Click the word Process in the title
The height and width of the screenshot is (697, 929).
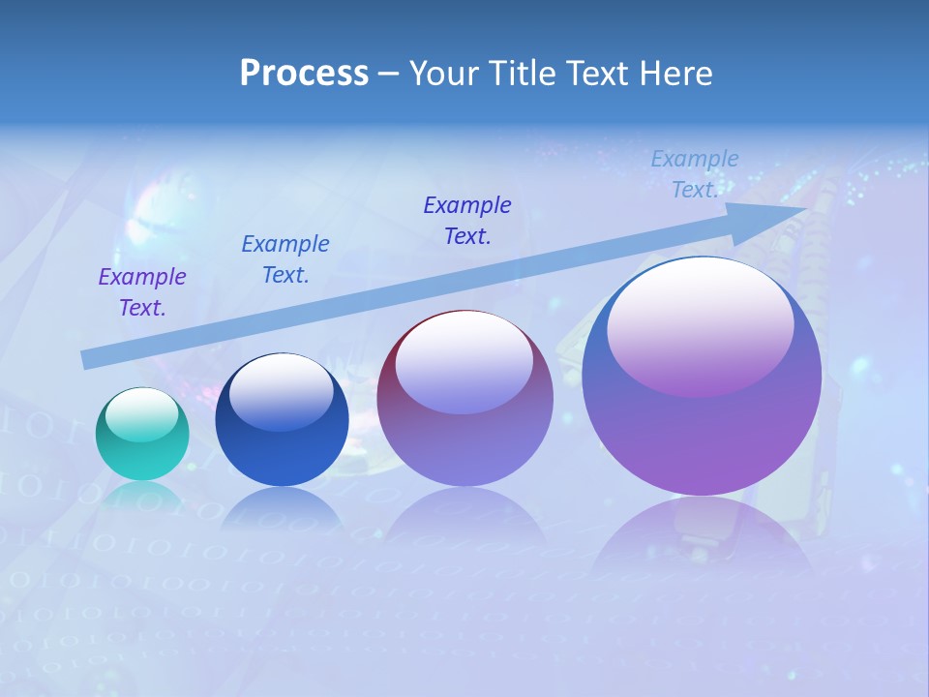[304, 74]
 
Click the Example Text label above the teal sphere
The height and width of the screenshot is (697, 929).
[142, 292]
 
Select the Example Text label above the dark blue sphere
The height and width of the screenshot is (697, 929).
[285, 259]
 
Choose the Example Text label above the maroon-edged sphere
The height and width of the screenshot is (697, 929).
[467, 221]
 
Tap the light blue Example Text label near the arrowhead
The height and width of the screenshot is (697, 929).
[695, 174]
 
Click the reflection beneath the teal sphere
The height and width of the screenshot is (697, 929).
[142, 496]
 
